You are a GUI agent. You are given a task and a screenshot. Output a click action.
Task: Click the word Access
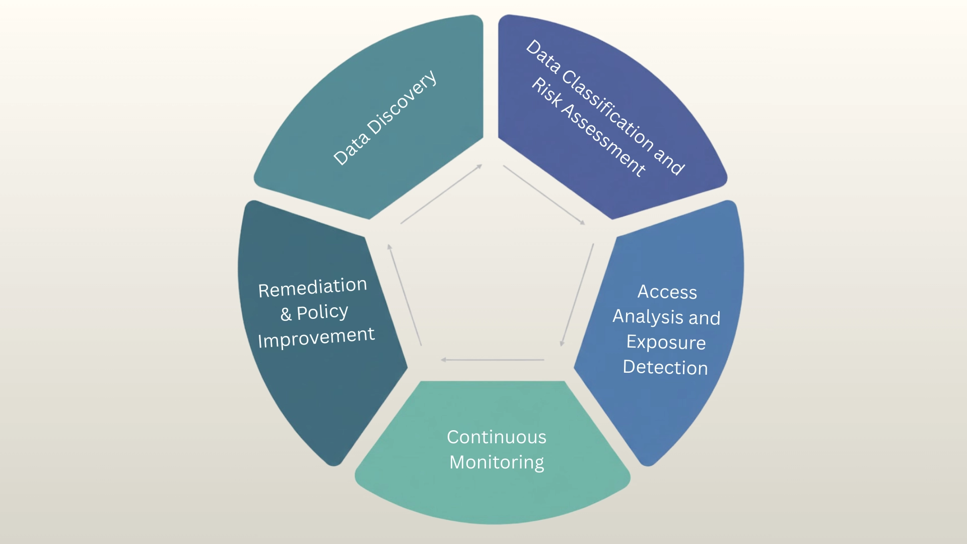[667, 292]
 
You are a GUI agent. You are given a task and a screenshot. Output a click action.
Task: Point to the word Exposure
[666, 343]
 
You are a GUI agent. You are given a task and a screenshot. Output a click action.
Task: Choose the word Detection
[665, 368]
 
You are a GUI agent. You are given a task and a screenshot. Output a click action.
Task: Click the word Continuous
[496, 437]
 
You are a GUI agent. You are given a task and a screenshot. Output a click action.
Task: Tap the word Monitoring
[497, 462]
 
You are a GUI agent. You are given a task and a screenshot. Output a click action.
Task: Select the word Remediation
[312, 287]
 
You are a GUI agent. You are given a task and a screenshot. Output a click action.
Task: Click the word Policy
[322, 312]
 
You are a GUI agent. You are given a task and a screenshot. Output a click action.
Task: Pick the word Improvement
[316, 337]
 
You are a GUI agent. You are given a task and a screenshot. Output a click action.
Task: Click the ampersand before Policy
[286, 314]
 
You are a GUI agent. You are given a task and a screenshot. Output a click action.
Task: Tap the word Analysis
[648, 317]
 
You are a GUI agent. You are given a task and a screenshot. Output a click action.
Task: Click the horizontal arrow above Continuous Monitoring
[493, 360]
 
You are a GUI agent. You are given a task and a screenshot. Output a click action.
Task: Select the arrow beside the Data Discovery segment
[441, 194]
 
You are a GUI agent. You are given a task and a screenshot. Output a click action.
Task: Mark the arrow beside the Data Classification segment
[544, 194]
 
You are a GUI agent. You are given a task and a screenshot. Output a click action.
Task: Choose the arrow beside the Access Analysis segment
[577, 295]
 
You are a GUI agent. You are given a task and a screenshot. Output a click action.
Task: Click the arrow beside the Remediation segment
[404, 295]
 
